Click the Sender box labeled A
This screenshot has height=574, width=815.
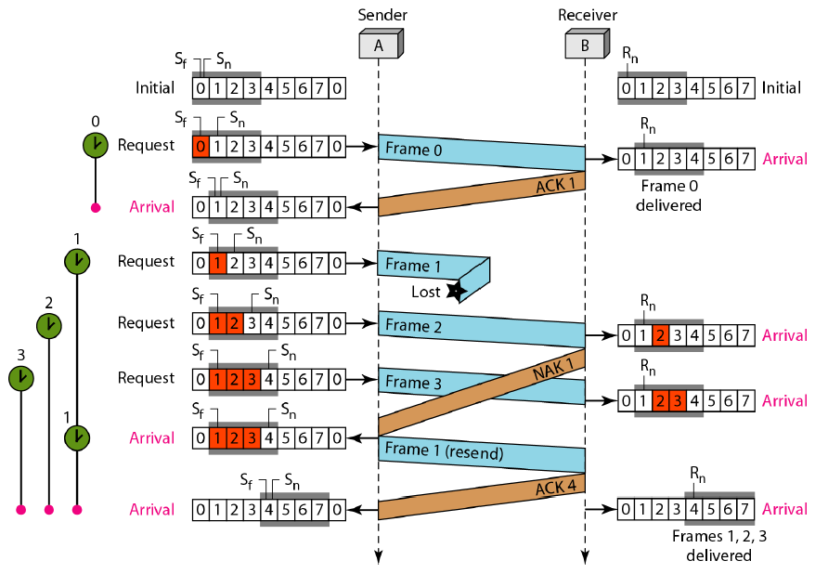[380, 44]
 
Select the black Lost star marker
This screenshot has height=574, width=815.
[455, 291]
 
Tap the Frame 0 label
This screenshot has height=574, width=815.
[408, 149]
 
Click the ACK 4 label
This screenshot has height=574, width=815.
[556, 489]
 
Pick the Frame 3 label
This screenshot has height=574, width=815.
[408, 382]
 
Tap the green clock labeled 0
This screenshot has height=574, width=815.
[95, 144]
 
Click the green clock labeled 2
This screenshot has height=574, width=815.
[49, 325]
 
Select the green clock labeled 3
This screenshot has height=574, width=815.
[20, 378]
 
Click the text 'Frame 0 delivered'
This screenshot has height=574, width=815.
[668, 196]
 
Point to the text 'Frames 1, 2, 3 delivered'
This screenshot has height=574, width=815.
[718, 546]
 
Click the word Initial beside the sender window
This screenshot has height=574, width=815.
[155, 88]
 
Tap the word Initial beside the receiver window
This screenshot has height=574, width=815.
[781, 88]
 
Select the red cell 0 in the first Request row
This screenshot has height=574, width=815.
[200, 146]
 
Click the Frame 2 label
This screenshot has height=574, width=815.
[408, 326]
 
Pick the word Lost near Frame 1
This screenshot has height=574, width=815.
[425, 292]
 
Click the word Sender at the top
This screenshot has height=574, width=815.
[382, 15]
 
